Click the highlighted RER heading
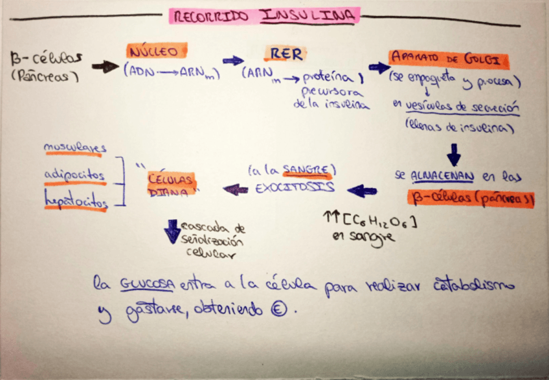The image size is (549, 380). [x=285, y=54]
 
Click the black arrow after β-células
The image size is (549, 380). [x=105, y=66]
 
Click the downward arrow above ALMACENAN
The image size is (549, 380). [x=453, y=154]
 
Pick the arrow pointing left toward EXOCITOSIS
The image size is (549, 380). [x=361, y=191]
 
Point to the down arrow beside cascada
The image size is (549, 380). [x=172, y=231]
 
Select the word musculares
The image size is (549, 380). [x=75, y=149]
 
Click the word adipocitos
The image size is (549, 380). [x=74, y=175]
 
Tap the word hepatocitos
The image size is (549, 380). [x=75, y=202]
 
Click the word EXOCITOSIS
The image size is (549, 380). [x=295, y=188]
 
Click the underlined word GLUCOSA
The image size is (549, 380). [x=147, y=285]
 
